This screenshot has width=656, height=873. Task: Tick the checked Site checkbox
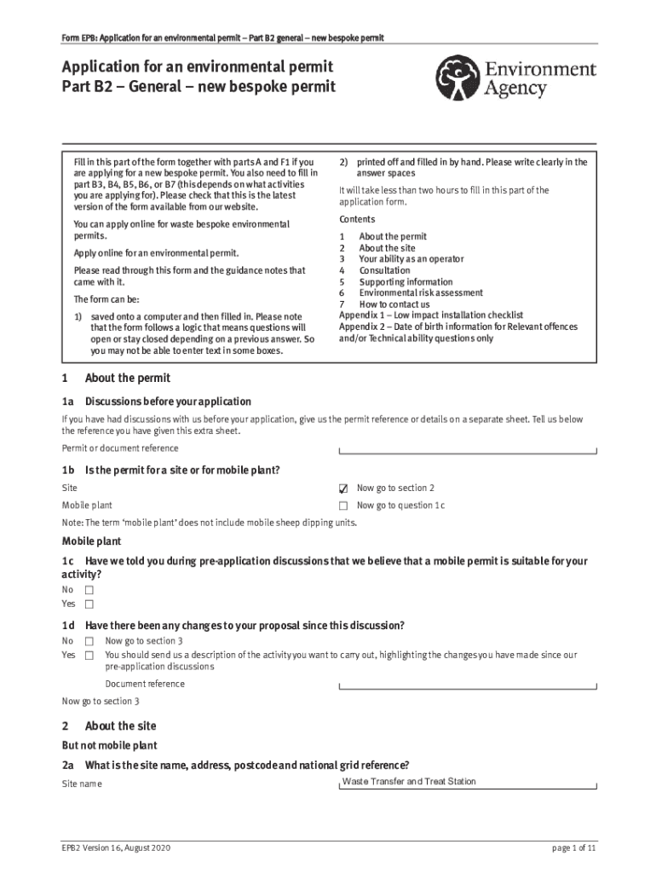pyautogui.click(x=343, y=489)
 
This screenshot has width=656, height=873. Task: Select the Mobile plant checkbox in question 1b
pyautogui.click(x=343, y=506)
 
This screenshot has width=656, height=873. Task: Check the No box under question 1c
pyautogui.click(x=89, y=590)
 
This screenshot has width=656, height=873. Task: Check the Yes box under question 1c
pyautogui.click(x=89, y=604)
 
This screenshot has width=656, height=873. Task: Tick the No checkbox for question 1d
pyautogui.click(x=89, y=641)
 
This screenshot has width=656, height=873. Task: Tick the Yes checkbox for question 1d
pyautogui.click(x=89, y=656)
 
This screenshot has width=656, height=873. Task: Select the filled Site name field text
pyautogui.click(x=409, y=782)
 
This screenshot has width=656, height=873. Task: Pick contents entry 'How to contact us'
pyautogui.click(x=394, y=304)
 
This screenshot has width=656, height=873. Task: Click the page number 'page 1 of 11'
pyautogui.click(x=573, y=848)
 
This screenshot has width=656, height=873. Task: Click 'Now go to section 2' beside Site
pyautogui.click(x=395, y=488)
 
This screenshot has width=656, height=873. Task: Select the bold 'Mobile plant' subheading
pyautogui.click(x=91, y=541)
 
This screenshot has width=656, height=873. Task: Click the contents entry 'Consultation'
pyautogui.click(x=384, y=270)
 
